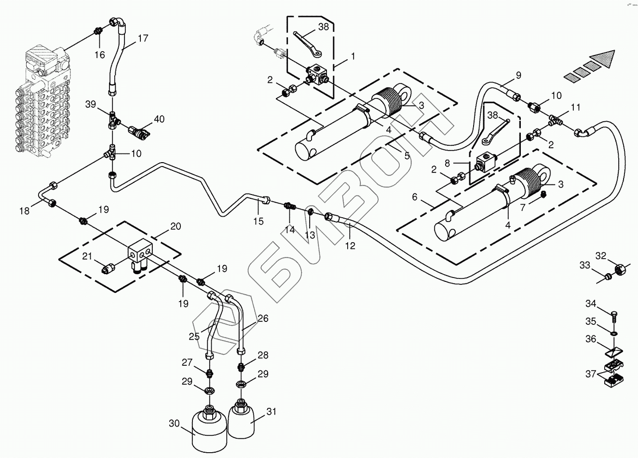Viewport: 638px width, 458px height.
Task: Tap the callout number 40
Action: [159, 118]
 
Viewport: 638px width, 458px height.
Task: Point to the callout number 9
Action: [518, 75]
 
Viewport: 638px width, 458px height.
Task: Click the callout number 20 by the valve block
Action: [175, 226]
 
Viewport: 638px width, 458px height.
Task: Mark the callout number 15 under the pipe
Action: [258, 221]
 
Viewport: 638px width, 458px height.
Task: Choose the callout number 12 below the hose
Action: [350, 246]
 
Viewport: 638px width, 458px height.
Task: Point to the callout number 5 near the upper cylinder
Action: [407, 156]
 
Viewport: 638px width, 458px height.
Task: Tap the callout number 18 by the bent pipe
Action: [24, 210]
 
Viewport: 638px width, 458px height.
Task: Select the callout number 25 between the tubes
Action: [194, 336]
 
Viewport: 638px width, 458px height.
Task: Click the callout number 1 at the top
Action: [353, 56]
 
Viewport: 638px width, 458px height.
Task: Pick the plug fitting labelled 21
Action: [109, 266]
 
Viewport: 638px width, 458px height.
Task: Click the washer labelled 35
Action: [613, 333]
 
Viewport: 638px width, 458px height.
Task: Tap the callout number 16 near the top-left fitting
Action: [99, 55]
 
